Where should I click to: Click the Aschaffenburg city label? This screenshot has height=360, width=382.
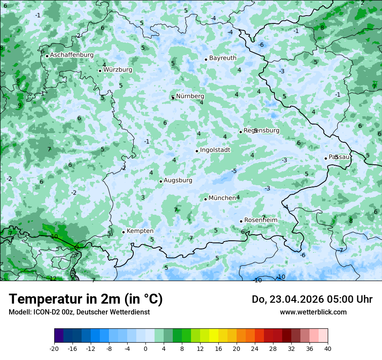click(x=72, y=55)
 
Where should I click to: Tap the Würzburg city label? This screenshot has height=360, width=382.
click(x=118, y=70)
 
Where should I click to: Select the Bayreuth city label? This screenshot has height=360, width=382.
click(x=223, y=58)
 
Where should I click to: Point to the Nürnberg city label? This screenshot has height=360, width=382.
click(x=190, y=96)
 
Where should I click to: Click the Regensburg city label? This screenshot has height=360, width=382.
click(x=261, y=131)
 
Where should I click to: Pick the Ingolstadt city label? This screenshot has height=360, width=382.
click(x=215, y=150)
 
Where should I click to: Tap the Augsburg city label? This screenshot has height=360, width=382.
click(x=178, y=180)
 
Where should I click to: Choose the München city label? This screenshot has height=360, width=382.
click(x=222, y=198)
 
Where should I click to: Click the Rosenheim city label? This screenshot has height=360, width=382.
click(x=260, y=220)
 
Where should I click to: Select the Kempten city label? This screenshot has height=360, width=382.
click(x=140, y=231)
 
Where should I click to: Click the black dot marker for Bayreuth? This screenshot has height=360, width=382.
click(x=206, y=59)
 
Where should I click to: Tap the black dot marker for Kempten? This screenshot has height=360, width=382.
click(x=123, y=232)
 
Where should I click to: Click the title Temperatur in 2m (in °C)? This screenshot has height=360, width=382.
click(x=86, y=299)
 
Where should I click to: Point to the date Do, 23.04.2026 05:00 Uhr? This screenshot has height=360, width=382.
click(x=312, y=299)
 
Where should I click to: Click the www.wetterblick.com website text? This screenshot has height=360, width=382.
click(x=313, y=312)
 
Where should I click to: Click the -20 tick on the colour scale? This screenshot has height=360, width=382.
click(x=54, y=349)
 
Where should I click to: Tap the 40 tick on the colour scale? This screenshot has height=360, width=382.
click(x=327, y=349)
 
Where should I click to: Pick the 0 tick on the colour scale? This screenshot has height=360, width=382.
click(x=145, y=349)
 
